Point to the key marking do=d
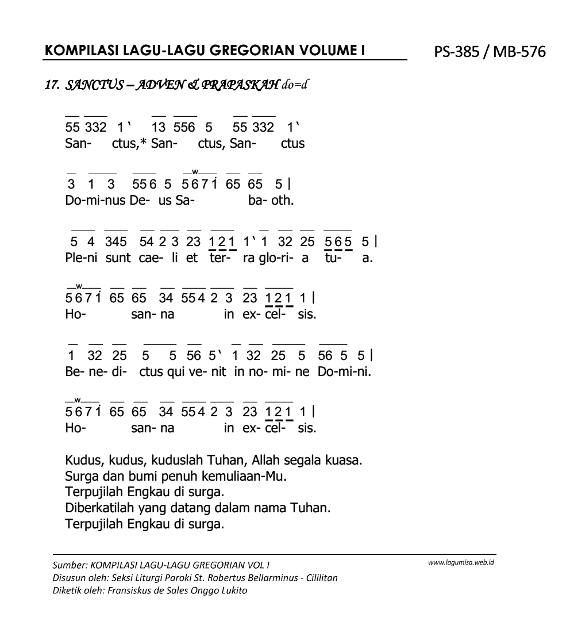click(296, 86)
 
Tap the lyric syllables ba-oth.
click(271, 201)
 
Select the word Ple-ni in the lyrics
click(82, 258)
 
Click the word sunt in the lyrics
click(118, 258)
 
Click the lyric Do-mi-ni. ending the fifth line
click(344, 371)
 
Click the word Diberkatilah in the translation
click(101, 508)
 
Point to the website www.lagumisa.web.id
click(461, 562)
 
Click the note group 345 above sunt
click(115, 241)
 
